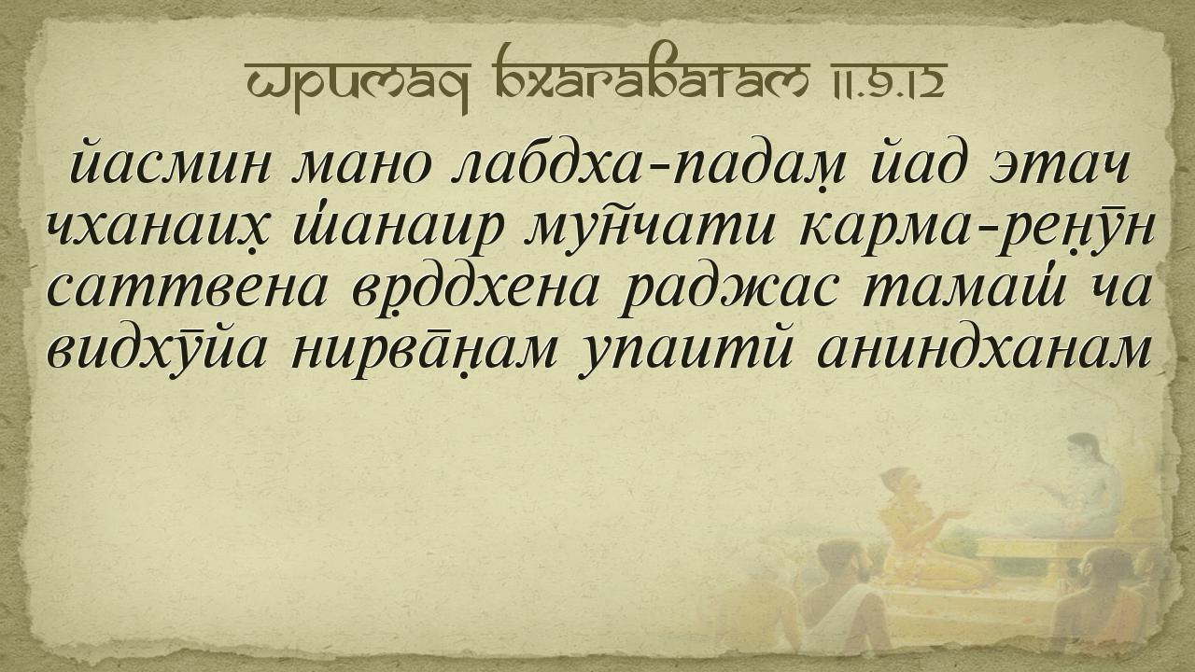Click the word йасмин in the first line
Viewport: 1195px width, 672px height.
click(172, 162)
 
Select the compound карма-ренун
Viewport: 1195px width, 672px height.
click(977, 231)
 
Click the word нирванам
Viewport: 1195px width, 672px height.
click(424, 352)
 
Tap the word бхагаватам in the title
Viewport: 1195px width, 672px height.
click(648, 74)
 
